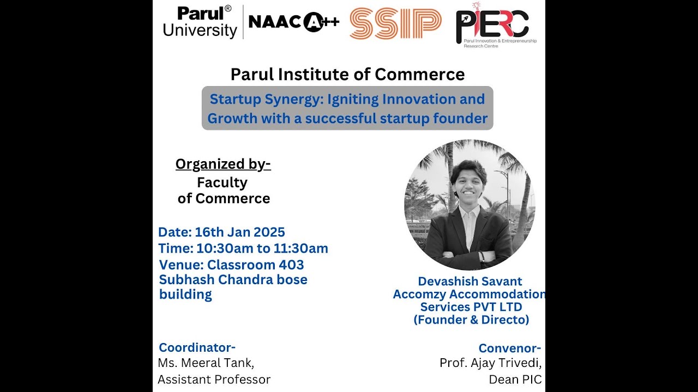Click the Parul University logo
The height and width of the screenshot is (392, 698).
tap(200, 22)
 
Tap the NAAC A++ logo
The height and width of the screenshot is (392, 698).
tap(294, 22)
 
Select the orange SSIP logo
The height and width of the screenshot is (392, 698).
tap(395, 23)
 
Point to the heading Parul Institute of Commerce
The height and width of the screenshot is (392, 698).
tap(347, 74)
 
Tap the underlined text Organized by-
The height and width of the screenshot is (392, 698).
tap(223, 164)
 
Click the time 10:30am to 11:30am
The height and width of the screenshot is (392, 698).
tap(262, 248)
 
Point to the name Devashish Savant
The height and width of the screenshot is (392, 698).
tap(470, 281)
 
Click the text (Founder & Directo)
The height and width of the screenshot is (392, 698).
tap(471, 320)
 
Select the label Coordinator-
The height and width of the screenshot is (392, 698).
tap(197, 347)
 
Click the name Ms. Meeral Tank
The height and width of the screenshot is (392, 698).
tap(206, 362)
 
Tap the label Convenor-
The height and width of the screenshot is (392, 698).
tap(509, 348)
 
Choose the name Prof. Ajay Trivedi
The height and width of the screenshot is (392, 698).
tap(490, 363)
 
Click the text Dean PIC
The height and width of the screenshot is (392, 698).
tap(515, 379)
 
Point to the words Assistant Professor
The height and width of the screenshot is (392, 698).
tap(214, 379)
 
